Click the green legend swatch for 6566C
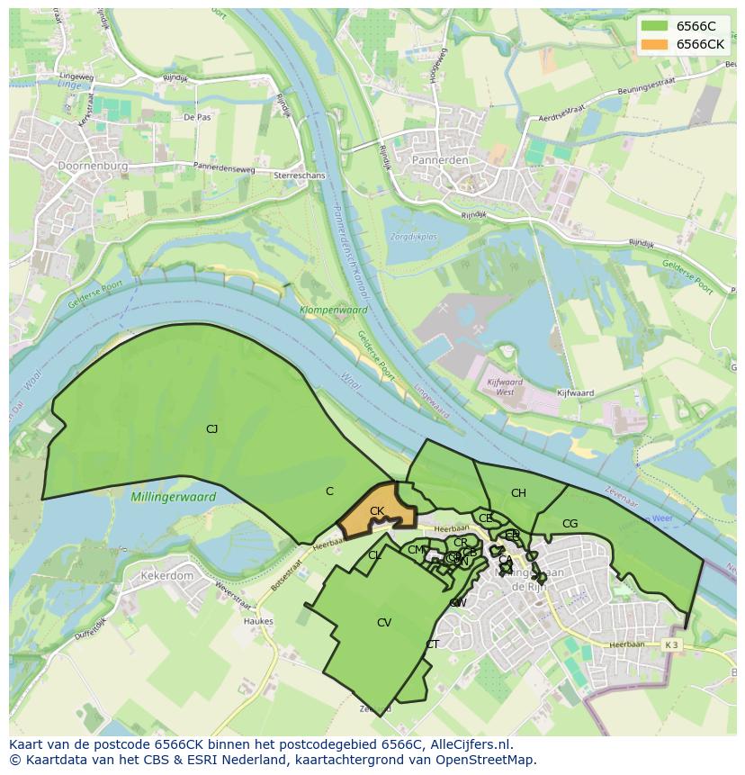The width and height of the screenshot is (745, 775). [x=654, y=26]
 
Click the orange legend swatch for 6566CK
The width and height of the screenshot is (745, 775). [x=654, y=44]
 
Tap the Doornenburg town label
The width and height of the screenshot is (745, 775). [x=93, y=167]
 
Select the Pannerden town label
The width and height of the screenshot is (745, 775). [x=440, y=160]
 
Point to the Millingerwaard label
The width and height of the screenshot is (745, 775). [x=173, y=497]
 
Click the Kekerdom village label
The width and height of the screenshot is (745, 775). [x=167, y=575]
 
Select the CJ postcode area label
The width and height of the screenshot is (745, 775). [x=211, y=429]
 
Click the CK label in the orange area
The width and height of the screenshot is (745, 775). [x=377, y=511]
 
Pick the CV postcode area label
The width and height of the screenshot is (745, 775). [x=384, y=623]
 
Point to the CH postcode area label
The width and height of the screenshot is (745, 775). [x=518, y=493]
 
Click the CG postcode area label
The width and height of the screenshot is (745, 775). [x=570, y=524]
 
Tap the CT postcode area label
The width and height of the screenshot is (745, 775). [x=433, y=644]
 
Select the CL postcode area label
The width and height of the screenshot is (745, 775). [x=375, y=555]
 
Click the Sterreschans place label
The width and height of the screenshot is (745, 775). [x=298, y=176]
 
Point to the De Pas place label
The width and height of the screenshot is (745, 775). [x=196, y=118]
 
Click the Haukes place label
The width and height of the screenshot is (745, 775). [x=258, y=621]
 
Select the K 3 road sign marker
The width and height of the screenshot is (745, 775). [x=670, y=645]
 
